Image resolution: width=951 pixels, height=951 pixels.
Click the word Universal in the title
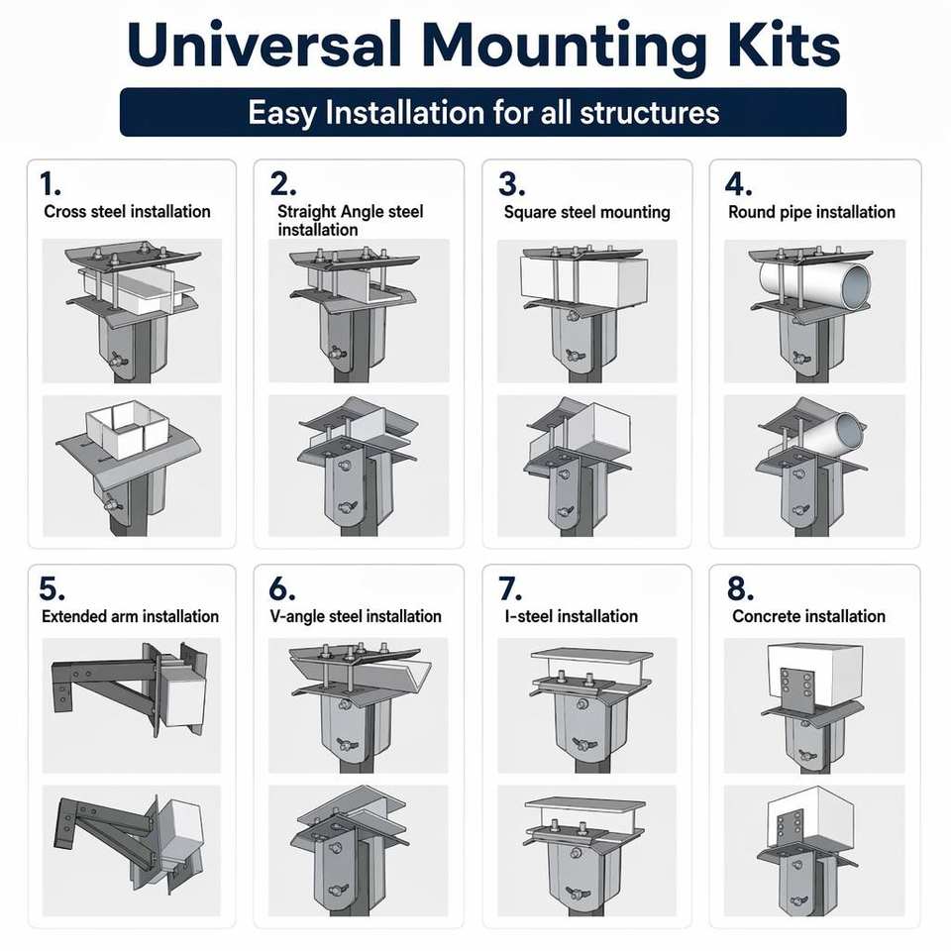(x=264, y=45)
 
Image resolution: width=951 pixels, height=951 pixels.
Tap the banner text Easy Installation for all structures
(x=483, y=112)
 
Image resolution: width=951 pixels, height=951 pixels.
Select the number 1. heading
(x=50, y=184)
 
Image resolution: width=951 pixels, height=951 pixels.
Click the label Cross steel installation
(x=127, y=212)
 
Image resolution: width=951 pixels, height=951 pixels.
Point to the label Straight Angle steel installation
(x=351, y=220)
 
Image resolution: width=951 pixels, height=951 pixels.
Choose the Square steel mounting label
(x=587, y=212)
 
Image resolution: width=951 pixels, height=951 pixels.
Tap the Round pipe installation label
(x=811, y=212)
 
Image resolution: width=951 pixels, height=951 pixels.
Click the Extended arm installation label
(x=131, y=616)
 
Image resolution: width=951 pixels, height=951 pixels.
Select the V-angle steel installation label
(x=356, y=617)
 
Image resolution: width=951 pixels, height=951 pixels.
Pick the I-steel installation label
(x=572, y=616)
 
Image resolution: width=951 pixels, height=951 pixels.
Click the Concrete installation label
(x=808, y=616)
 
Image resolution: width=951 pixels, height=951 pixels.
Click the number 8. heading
(x=740, y=588)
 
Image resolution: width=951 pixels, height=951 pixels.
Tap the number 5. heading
(x=52, y=588)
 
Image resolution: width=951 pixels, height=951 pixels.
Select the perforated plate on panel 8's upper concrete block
(x=796, y=689)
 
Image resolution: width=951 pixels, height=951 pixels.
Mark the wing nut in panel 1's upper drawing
(x=117, y=360)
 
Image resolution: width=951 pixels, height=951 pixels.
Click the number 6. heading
(x=281, y=588)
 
